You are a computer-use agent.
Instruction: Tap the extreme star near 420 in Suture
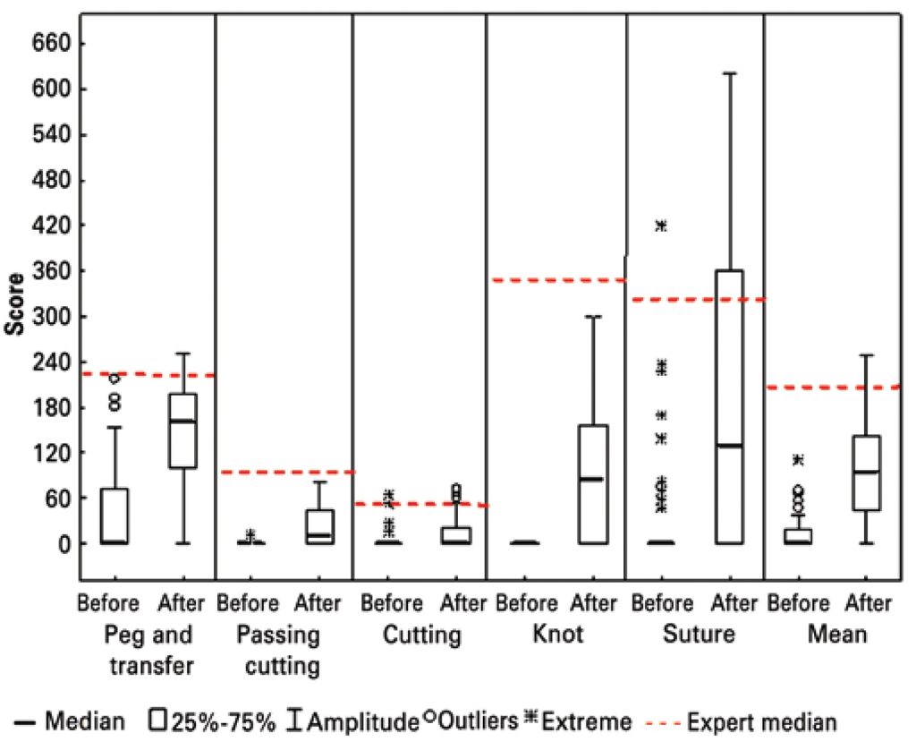click(661, 226)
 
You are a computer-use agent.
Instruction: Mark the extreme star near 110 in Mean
click(798, 460)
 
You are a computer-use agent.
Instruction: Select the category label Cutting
click(421, 635)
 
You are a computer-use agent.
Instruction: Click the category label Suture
click(699, 635)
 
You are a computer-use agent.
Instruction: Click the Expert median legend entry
click(769, 721)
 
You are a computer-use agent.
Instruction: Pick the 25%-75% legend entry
click(213, 721)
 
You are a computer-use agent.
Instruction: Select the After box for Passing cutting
click(319, 526)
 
